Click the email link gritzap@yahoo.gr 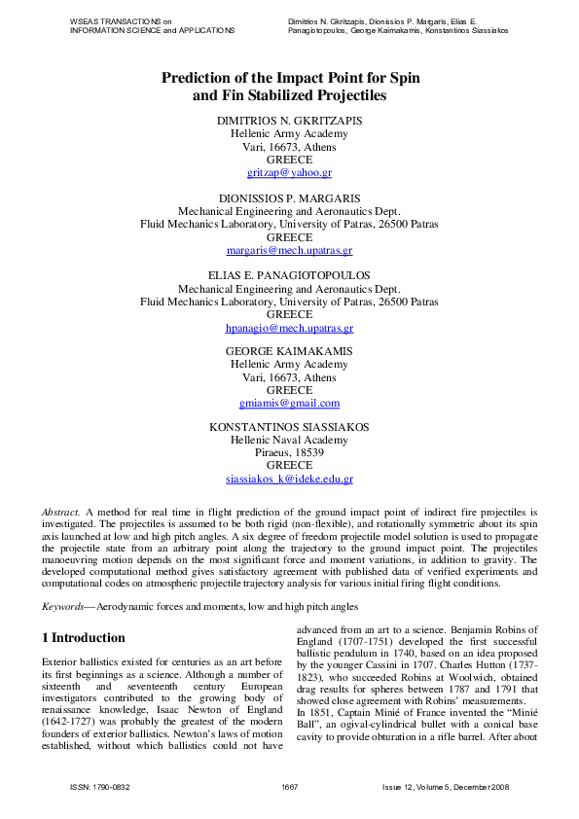tap(289, 172)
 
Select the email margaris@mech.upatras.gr tap(289, 250)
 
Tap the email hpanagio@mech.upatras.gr tap(289, 329)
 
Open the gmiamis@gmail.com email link tap(289, 403)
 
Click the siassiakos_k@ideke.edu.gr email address tap(289, 479)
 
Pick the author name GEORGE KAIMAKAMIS tap(289, 351)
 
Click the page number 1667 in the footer tap(289, 786)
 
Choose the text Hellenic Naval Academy tap(289, 440)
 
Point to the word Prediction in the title tap(202, 76)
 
